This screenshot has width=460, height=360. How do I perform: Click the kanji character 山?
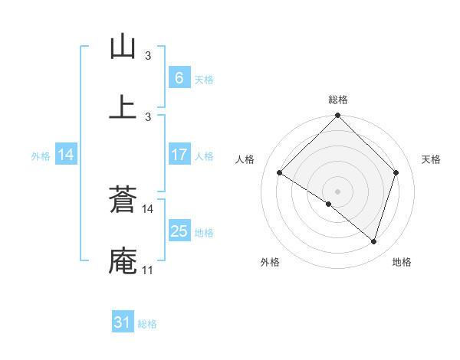(x=123, y=47)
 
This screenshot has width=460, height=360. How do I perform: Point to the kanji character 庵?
(x=123, y=260)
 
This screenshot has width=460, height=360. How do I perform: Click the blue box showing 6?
(x=179, y=77)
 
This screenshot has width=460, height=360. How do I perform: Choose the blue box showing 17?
(x=179, y=155)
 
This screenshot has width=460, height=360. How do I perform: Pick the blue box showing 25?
(x=179, y=231)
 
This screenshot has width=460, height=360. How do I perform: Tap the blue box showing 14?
(x=66, y=155)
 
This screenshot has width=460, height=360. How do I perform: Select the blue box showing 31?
(x=123, y=322)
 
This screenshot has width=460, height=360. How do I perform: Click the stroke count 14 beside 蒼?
(x=148, y=208)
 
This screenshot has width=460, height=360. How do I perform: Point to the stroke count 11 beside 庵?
(x=147, y=270)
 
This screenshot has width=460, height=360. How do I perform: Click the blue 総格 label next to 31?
(x=147, y=324)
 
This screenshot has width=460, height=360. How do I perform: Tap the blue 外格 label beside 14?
(x=41, y=155)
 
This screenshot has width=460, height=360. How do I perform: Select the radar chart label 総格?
(x=338, y=100)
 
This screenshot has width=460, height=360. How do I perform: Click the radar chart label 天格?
(x=432, y=159)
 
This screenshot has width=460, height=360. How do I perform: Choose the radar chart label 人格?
(x=245, y=159)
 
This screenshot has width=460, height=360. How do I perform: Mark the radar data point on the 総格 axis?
(x=338, y=117)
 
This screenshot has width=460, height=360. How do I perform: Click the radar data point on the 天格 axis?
(x=396, y=173)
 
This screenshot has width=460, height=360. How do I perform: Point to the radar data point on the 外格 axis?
(x=329, y=205)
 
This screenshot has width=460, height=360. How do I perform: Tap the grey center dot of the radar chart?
(x=338, y=191)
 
